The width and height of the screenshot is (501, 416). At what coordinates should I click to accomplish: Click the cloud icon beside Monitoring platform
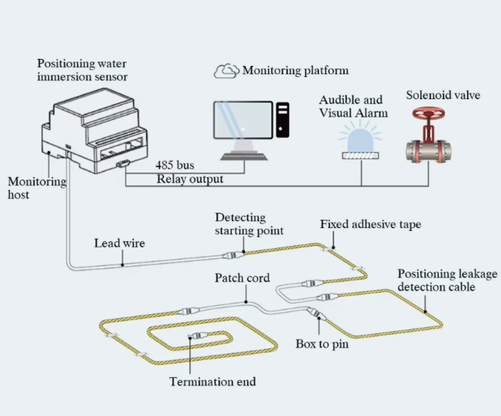(x=226, y=71)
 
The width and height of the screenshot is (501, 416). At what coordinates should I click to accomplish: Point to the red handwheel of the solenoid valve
(x=429, y=114)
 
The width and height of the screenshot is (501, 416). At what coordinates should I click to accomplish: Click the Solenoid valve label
(x=443, y=95)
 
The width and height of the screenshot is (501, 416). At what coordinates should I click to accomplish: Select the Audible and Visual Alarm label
(x=353, y=106)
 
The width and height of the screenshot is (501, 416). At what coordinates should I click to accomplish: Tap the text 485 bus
(x=175, y=165)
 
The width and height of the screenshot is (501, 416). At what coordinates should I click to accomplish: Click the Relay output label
(x=190, y=179)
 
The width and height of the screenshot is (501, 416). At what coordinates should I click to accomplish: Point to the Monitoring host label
(x=37, y=188)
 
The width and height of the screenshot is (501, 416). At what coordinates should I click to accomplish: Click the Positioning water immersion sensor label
(x=82, y=70)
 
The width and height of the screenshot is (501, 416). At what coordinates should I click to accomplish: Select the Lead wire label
(x=119, y=243)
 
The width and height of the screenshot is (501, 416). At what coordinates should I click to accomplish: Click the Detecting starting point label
(x=249, y=224)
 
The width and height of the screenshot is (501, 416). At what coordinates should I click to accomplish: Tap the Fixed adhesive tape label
(x=370, y=225)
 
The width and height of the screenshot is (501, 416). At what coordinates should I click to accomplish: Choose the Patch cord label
(x=242, y=278)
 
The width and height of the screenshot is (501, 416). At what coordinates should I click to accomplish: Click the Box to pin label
(x=322, y=344)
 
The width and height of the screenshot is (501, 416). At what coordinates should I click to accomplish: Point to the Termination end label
(x=212, y=381)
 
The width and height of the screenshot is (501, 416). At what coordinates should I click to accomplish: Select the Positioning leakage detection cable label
(x=447, y=280)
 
